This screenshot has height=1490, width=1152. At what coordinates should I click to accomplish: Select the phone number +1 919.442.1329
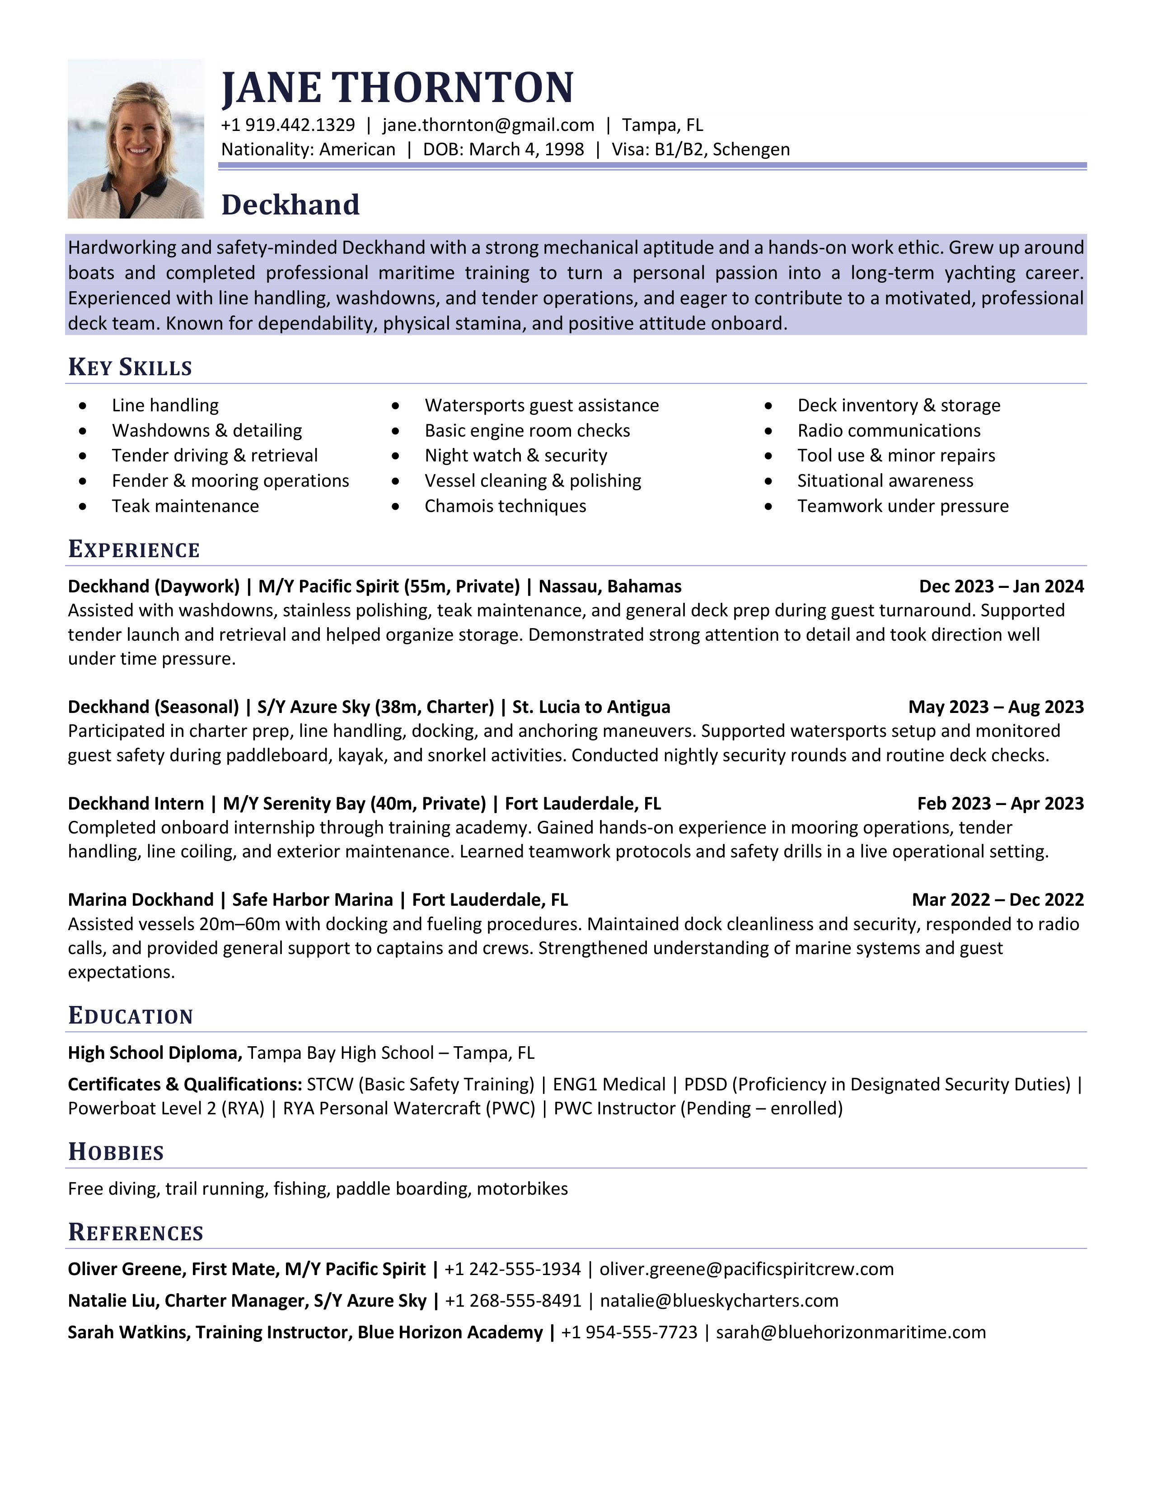[288, 126]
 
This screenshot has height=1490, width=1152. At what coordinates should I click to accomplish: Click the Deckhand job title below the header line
[290, 205]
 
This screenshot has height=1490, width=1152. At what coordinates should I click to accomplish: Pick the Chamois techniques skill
[505, 506]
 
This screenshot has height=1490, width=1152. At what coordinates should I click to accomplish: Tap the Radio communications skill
[889, 430]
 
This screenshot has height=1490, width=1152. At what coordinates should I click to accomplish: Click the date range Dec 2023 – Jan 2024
[1001, 587]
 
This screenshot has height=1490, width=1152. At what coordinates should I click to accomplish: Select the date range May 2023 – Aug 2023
[996, 707]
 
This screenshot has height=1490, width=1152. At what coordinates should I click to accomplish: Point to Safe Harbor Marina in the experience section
[313, 900]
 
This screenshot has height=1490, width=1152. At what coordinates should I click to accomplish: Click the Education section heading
[131, 1016]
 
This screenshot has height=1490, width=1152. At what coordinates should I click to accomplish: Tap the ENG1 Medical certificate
[609, 1084]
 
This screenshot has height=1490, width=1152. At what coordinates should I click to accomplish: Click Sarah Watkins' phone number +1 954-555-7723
[629, 1332]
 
